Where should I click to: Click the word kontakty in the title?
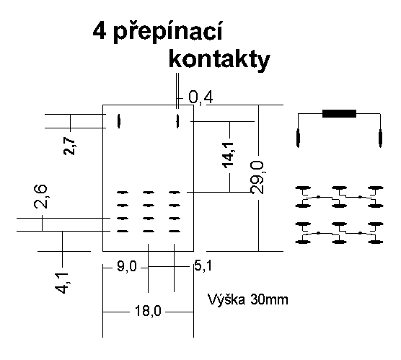click(219, 59)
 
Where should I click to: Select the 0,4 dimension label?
click(200, 97)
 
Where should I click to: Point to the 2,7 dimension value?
click(69, 146)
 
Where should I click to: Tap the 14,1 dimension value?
click(229, 156)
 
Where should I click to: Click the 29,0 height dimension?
click(257, 177)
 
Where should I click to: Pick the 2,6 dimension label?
click(40, 196)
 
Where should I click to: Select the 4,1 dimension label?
click(62, 283)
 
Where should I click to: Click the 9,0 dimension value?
click(127, 267)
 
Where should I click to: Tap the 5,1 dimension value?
click(203, 266)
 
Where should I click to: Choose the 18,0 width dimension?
click(148, 312)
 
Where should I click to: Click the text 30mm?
click(269, 299)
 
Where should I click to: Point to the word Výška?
click(226, 299)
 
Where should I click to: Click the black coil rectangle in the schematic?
click(339, 113)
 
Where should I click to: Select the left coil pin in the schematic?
click(298, 138)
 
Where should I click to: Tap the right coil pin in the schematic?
click(380, 138)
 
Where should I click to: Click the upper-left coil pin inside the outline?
click(119, 121)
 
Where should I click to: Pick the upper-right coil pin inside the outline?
click(177, 121)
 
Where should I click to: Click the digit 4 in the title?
click(100, 31)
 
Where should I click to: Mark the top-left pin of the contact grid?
click(123, 192)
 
